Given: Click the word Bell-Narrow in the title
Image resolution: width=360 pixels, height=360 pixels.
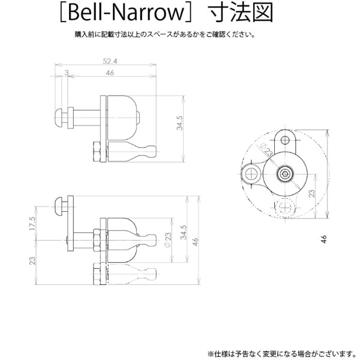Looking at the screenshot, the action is point(126,13).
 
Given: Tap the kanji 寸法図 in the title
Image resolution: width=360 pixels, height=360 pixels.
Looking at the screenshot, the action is point(241,13).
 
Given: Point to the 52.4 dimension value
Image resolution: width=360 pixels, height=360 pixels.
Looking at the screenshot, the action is point(110,61).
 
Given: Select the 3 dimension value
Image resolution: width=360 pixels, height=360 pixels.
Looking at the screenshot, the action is point(67,73).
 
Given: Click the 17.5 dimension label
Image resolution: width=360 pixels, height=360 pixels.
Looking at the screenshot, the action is point(32,223).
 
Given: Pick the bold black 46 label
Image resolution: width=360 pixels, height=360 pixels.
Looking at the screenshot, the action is point(324,239).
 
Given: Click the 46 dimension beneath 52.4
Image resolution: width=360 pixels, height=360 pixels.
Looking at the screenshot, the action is point(110,73).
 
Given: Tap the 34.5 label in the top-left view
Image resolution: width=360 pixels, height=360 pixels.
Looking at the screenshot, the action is point(179,123).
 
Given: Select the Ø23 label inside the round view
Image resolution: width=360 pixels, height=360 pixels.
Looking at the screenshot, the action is point(266,149).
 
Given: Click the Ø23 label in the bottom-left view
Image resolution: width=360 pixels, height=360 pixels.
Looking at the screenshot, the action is point(168,240).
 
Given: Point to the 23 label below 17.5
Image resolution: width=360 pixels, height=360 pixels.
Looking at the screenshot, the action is point(32,260).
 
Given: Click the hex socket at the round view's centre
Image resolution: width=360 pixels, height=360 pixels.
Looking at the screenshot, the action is point(285,174).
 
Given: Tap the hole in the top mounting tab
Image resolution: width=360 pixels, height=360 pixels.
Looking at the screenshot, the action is point(285,140).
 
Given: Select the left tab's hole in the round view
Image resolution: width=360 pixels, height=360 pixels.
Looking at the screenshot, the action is point(252,174).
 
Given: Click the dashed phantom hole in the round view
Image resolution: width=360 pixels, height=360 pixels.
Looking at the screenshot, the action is point(285,207).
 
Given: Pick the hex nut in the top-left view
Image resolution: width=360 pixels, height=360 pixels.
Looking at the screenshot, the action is point(97,152).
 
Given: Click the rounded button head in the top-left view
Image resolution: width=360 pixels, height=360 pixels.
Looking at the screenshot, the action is point(59,118).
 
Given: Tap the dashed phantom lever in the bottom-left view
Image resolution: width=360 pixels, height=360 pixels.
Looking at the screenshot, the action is point(132,274).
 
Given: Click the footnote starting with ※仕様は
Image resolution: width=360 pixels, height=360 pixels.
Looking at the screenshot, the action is point(281,353).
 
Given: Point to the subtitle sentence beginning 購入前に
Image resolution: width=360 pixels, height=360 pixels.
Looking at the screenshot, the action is point(165,34).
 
